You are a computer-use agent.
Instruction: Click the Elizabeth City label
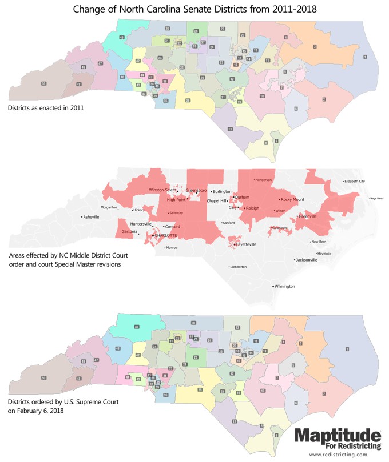pyautogui.click(x=354, y=182)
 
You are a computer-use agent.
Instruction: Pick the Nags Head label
pyautogui.click(x=377, y=198)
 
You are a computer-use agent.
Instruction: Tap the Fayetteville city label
pyautogui.click(x=246, y=244)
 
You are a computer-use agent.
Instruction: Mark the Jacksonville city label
pyautogui.click(x=307, y=260)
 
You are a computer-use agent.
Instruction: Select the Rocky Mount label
pyautogui.click(x=292, y=200)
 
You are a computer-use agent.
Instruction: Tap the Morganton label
pyautogui.click(x=109, y=207)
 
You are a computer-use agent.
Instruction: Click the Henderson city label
pyautogui.click(x=264, y=180)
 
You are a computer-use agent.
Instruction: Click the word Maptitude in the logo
pyautogui.click(x=338, y=436)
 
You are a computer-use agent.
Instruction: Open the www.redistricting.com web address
pyautogui.click(x=338, y=455)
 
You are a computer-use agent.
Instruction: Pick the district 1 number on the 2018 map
pyautogui.click(x=347, y=349)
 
